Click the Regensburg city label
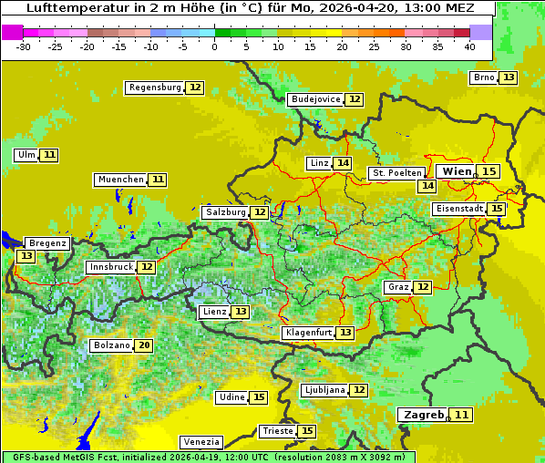pyautogui.click(x=155, y=87)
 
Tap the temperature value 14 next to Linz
pyautogui.click(x=343, y=163)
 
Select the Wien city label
pyautogui.click(x=457, y=171)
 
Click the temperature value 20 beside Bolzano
pyautogui.click(x=144, y=345)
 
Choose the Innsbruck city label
pyautogui.click(x=110, y=267)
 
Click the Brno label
pyautogui.click(x=484, y=77)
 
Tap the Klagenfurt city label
pyautogui.click(x=308, y=333)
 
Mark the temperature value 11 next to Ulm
pyautogui.click(x=49, y=155)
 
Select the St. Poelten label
pyautogui.click(x=396, y=172)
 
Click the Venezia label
pyautogui.click(x=201, y=441)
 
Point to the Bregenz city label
pyautogui.click(x=47, y=243)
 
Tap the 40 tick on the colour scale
pyautogui.click(x=469, y=46)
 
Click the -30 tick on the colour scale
pyautogui.click(x=24, y=46)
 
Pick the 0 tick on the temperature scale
pyautogui.click(x=214, y=46)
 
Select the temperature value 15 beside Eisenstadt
pyautogui.click(x=497, y=209)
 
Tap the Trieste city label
pyautogui.click(x=277, y=431)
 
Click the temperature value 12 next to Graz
pyautogui.click(x=423, y=287)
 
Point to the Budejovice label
pyautogui.click(x=315, y=99)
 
